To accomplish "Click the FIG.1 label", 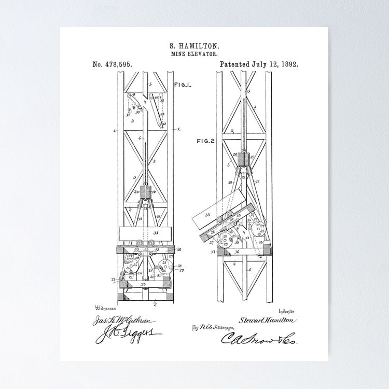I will click(x=183, y=84).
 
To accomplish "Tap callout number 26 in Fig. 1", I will click(x=179, y=249).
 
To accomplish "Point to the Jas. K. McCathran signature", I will click(x=114, y=322).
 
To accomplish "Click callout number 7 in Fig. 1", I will click(x=146, y=103).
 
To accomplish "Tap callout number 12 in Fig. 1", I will click(x=164, y=124).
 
